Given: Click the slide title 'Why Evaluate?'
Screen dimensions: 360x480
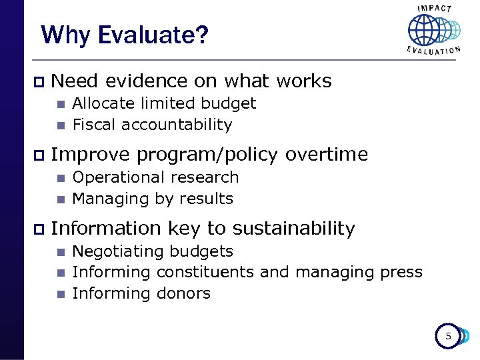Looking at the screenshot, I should click(x=125, y=35).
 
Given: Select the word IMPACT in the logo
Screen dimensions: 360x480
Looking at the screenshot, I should click(x=433, y=9).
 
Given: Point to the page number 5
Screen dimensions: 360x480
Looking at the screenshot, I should click(x=448, y=337).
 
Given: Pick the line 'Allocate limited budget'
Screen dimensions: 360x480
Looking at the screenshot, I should click(x=164, y=103).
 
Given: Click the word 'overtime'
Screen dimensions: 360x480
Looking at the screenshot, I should click(x=327, y=155).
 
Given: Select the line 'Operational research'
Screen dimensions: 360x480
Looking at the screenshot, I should click(x=155, y=177).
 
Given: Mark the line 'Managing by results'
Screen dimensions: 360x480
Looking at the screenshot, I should click(x=153, y=199).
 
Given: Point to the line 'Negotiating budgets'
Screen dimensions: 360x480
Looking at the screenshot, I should click(x=153, y=251).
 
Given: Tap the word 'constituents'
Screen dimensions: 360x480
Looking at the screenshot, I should click(x=205, y=272).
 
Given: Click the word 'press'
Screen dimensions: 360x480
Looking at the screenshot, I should click(x=401, y=273).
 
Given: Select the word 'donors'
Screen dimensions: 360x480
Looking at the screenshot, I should click(x=183, y=293).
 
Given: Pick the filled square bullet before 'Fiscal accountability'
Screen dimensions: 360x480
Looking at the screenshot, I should click(x=60, y=125).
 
